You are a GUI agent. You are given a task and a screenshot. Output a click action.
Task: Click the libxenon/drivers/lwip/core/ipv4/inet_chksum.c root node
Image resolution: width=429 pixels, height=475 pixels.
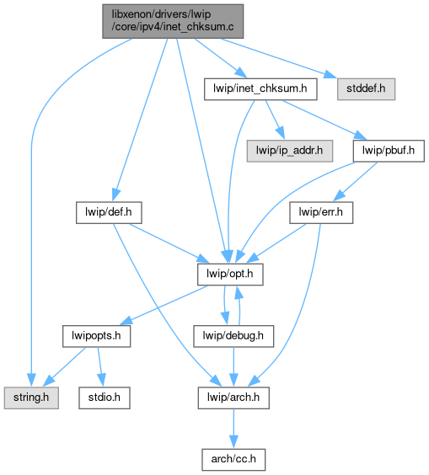click(173, 21)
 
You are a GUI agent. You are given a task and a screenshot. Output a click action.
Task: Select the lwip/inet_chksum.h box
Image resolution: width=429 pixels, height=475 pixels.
click(260, 89)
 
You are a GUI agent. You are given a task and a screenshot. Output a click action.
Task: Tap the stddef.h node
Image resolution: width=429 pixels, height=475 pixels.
click(366, 89)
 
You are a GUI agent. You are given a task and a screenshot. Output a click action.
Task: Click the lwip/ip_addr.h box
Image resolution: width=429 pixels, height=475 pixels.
click(290, 151)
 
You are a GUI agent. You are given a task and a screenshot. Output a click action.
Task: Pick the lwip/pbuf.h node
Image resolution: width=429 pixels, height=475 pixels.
click(389, 151)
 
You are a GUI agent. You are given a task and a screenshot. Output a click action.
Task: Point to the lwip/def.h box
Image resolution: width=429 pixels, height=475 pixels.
click(109, 213)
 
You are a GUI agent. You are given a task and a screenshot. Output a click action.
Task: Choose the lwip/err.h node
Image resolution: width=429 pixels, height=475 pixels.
click(321, 213)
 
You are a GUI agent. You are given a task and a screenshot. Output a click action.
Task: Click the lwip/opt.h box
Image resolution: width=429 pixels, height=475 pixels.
click(230, 275)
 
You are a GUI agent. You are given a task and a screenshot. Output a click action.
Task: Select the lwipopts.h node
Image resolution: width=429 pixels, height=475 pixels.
click(96, 336)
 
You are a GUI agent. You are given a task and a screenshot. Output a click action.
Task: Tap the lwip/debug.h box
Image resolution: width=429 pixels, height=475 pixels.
click(233, 336)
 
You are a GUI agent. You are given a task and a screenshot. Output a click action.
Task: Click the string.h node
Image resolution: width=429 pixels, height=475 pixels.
click(31, 398)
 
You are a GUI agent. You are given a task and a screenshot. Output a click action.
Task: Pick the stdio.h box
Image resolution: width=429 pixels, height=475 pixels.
click(105, 398)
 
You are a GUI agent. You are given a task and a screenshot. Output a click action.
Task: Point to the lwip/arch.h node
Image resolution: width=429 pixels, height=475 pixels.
click(233, 398)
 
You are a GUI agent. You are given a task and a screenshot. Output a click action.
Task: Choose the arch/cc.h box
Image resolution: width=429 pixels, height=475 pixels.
click(233, 460)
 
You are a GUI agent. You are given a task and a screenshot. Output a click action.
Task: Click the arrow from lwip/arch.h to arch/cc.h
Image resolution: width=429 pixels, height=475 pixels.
click(233, 429)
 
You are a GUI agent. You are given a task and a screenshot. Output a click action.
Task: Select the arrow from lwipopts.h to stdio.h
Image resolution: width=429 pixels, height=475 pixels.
click(100, 367)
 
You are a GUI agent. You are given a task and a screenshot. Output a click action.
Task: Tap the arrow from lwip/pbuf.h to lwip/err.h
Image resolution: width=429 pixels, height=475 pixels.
click(355, 182)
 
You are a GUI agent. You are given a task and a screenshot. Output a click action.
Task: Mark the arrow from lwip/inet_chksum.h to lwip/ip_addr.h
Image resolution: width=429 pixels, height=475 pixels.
click(275, 120)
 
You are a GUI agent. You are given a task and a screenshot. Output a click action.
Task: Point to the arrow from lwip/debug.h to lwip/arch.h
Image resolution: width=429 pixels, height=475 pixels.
click(233, 367)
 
